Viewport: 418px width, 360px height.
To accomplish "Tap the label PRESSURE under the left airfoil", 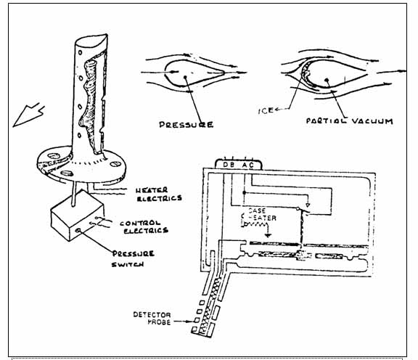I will pos(185,124).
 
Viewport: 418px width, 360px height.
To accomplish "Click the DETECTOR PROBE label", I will pos(152,319).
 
